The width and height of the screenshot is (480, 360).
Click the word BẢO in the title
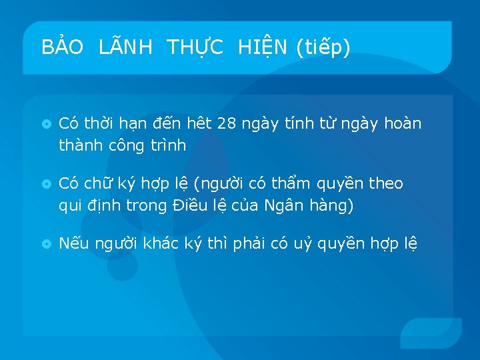(62, 47)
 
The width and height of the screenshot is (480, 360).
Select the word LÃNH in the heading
(125, 47)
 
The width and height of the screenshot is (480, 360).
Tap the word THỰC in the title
(196, 47)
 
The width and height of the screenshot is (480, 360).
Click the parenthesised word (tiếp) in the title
(323, 47)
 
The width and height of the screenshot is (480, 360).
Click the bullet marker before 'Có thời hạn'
(46, 125)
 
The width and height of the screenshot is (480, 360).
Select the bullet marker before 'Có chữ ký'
(46, 184)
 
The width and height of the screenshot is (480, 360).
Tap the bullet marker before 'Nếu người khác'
(46, 244)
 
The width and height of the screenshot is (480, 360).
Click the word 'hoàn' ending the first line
(403, 124)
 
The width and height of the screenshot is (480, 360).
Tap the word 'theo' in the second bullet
(386, 183)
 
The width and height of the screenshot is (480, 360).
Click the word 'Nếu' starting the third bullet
(72, 243)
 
